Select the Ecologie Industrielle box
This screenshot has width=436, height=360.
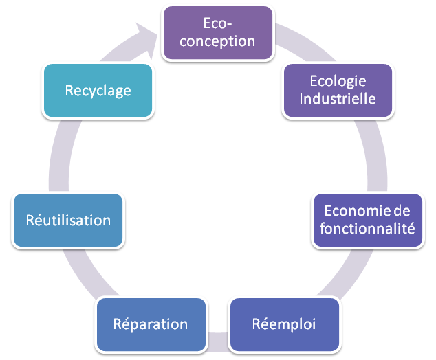[x=338, y=89]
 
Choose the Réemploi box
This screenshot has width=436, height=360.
[x=284, y=324]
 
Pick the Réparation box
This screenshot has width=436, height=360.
[x=151, y=324]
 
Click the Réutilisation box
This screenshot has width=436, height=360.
[x=68, y=221]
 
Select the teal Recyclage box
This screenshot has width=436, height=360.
[x=98, y=90]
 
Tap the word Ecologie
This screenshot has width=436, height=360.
[x=338, y=80]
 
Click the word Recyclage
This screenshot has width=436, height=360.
[x=98, y=90]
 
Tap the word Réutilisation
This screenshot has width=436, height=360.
[x=68, y=221]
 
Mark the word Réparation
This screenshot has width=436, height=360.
[x=151, y=324]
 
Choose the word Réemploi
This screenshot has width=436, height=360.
[x=284, y=324]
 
